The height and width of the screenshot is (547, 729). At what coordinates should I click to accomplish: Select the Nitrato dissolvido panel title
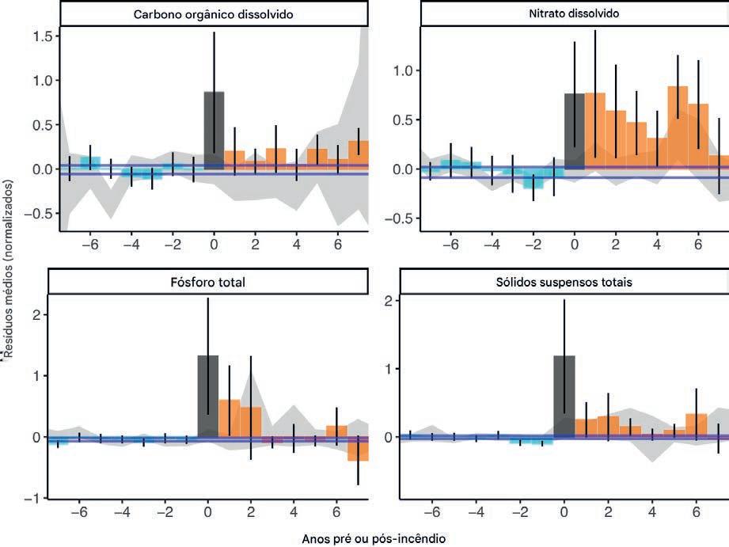[574, 14]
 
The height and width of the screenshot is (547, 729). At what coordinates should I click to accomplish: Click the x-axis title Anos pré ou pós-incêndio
[374, 538]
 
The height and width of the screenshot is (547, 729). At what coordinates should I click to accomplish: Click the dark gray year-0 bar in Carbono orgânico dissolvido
[214, 131]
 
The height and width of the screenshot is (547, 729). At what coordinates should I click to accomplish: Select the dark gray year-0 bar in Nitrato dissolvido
[574, 131]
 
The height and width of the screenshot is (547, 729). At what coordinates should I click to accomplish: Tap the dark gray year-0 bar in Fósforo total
[207, 396]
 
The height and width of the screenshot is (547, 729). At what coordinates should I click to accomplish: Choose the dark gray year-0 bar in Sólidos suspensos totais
[564, 397]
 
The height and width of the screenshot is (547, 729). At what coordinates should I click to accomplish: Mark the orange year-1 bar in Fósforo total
[229, 418]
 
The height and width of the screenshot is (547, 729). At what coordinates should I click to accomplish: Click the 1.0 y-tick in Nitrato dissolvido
[404, 70]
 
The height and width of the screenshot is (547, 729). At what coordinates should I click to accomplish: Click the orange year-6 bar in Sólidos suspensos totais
[696, 425]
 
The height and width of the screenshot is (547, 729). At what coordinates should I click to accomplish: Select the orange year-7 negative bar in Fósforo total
[358, 449]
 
